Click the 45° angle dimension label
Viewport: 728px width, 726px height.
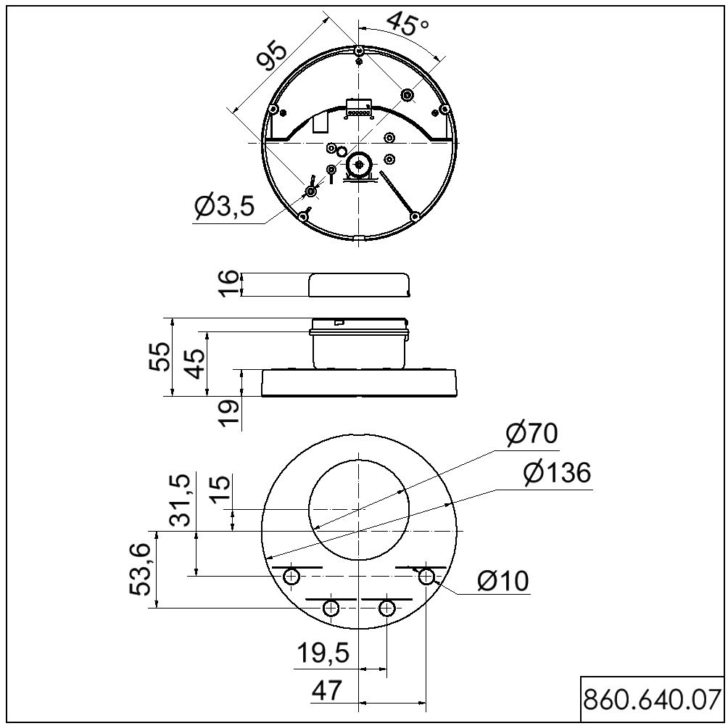(x=408, y=23)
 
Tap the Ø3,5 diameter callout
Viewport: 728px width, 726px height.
(x=225, y=206)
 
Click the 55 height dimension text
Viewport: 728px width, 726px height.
(x=159, y=356)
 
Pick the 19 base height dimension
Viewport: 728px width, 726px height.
(x=230, y=413)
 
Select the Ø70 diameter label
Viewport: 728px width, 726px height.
(x=531, y=434)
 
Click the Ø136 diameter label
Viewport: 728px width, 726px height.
(x=557, y=473)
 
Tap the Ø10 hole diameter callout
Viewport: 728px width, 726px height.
(x=503, y=581)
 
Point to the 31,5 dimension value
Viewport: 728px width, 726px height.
(x=180, y=500)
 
